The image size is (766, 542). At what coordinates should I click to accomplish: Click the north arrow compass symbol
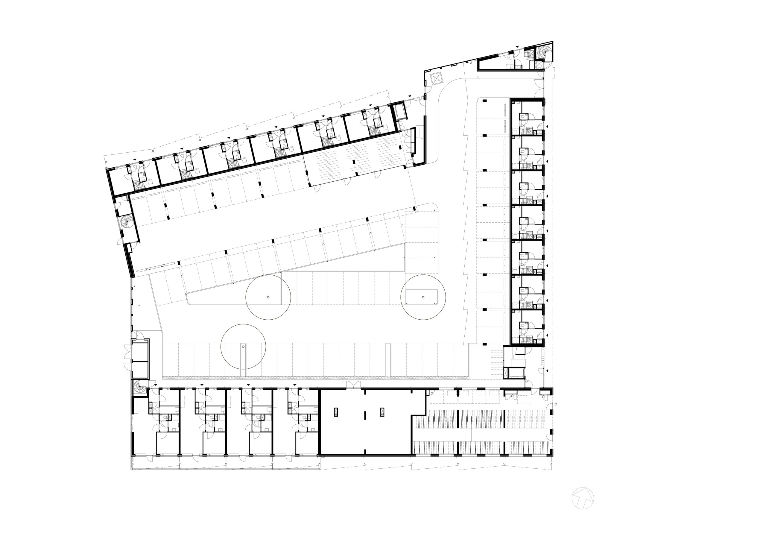[583, 498]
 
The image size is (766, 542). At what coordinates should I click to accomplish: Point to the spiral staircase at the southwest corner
[139, 387]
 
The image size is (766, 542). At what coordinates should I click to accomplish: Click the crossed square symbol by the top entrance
[436, 79]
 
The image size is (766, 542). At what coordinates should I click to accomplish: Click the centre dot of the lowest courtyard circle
[244, 347]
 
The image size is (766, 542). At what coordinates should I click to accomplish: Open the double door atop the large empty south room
[353, 385]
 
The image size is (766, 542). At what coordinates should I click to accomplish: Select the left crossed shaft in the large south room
[336, 412]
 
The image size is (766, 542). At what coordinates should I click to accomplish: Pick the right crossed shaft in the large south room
[382, 412]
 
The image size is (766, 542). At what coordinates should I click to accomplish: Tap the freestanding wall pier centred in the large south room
[365, 416]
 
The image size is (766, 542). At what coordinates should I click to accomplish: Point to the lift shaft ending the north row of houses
[400, 112]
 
